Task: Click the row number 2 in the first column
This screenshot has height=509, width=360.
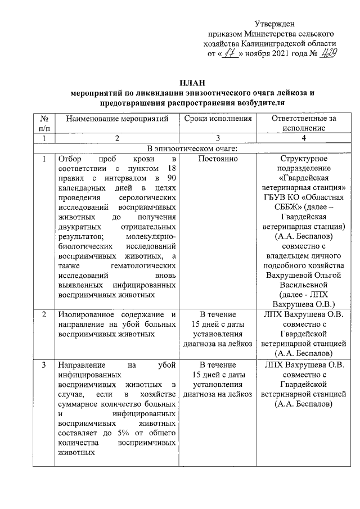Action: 44,314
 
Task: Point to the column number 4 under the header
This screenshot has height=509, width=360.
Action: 304,138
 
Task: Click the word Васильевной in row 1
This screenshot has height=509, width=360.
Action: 304,285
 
